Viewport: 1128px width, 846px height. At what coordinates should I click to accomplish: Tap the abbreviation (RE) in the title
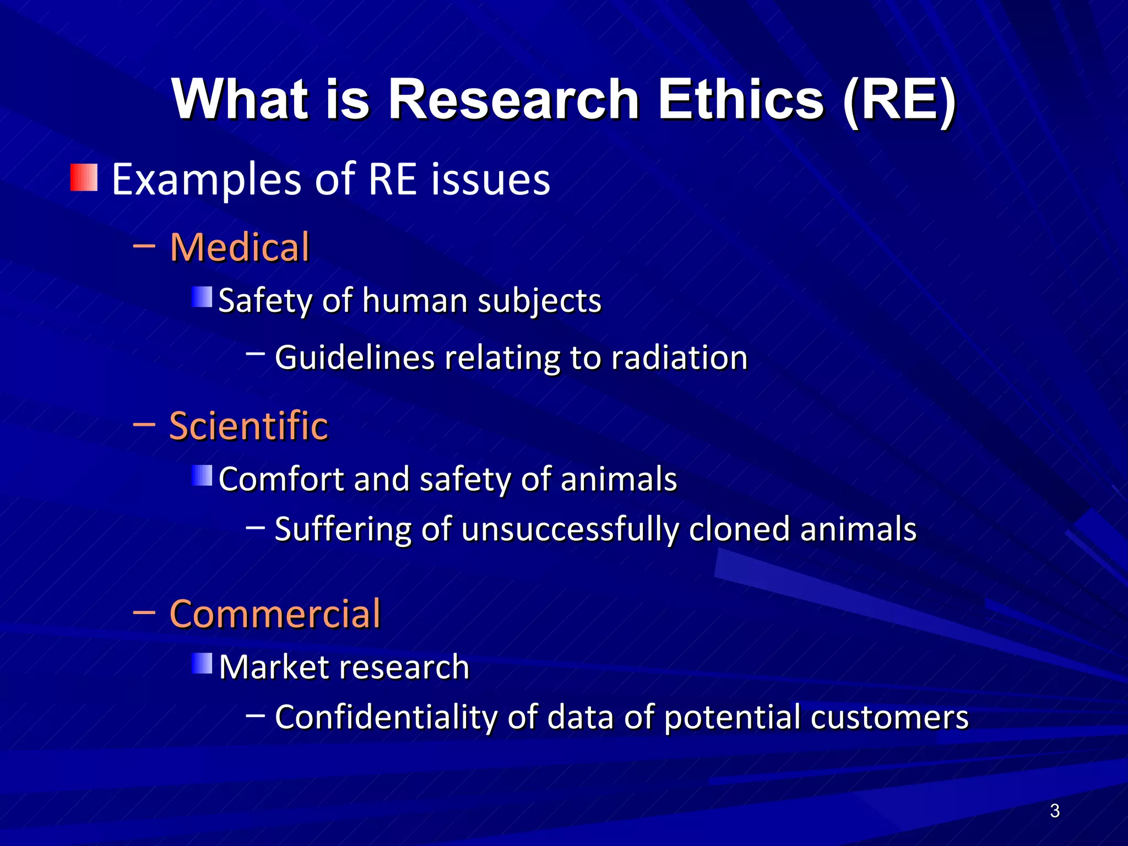(x=899, y=100)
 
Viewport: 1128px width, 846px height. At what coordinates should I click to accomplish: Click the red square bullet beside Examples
(x=84, y=177)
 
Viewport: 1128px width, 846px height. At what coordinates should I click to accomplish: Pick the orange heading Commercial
(x=275, y=614)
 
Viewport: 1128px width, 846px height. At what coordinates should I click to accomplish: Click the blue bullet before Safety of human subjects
(x=202, y=297)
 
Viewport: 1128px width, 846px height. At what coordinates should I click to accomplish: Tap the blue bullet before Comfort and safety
(x=202, y=476)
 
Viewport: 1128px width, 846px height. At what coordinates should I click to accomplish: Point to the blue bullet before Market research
(x=202, y=664)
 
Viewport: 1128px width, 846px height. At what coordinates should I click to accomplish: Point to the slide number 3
(x=1054, y=811)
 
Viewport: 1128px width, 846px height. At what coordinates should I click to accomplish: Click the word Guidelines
(x=355, y=357)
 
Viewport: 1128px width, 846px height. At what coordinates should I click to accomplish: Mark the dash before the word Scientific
(x=144, y=425)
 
